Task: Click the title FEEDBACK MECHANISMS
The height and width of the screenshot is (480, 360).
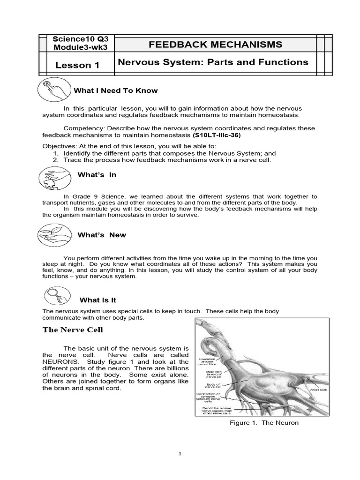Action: point(215,45)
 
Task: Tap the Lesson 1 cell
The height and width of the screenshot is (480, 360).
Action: point(77,65)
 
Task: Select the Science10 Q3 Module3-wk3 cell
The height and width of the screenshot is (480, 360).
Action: point(77,44)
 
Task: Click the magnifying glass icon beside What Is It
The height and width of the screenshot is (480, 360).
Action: point(54,296)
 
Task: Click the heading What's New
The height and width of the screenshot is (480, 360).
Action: point(102,235)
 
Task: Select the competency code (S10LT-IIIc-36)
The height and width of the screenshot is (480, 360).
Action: point(215,135)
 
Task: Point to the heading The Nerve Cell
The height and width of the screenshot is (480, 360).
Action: point(73,330)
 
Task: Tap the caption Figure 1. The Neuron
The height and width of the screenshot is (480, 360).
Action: point(264,423)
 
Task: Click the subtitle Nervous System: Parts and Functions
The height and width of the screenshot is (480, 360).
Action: point(212,62)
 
